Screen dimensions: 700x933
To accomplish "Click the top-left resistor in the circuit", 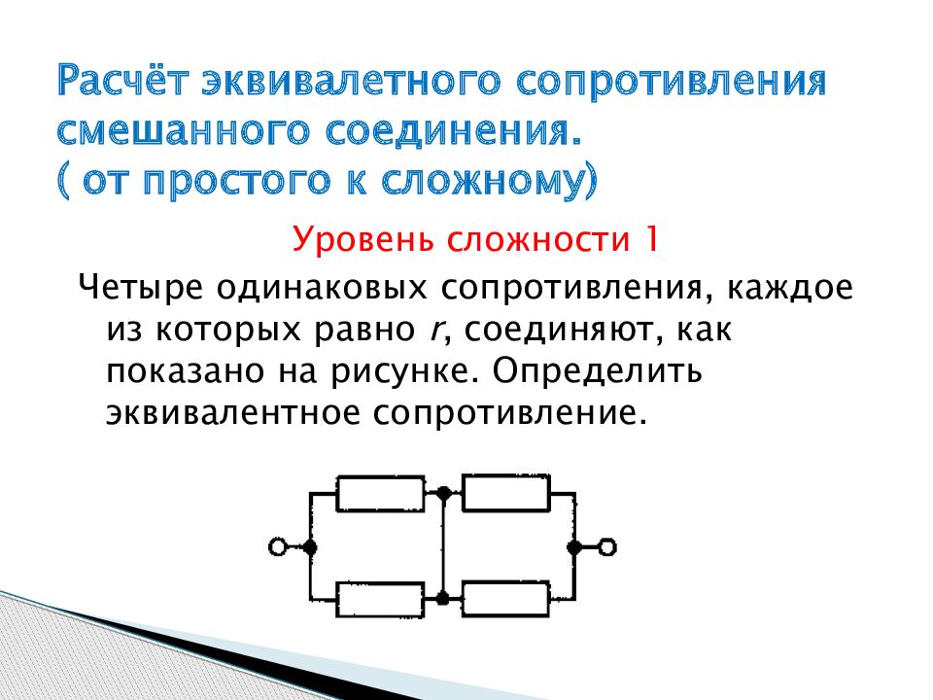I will (x=380, y=494).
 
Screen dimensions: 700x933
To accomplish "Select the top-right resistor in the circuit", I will (x=505, y=494).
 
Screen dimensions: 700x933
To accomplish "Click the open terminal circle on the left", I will (x=278, y=547).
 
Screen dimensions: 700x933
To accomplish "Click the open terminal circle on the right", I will (x=607, y=547).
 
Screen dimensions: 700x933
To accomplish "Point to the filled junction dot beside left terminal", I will (x=310, y=547).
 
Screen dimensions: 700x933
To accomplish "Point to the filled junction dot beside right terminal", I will (x=574, y=547).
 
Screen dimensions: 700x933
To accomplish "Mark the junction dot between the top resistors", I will (x=443, y=494).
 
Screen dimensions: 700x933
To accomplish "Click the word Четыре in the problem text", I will (x=139, y=289).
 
